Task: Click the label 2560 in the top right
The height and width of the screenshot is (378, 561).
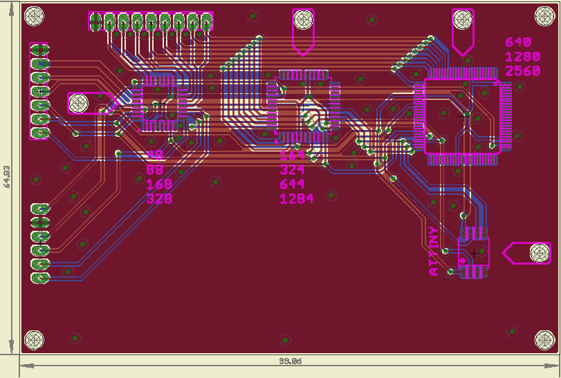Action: [x=522, y=70]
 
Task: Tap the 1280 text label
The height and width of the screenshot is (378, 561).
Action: [x=522, y=57]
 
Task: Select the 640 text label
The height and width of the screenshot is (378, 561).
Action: [x=518, y=43]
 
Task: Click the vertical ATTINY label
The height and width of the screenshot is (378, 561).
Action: [x=434, y=251]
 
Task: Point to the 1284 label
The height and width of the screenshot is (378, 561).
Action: [x=296, y=199]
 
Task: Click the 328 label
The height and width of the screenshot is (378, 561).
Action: [x=159, y=199]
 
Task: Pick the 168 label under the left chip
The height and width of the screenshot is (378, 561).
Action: [x=159, y=185]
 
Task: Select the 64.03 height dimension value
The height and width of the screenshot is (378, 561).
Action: [x=7, y=176]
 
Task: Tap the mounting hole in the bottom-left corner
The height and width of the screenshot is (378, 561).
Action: [x=34, y=339]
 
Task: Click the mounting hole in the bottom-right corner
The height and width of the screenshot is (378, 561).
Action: [x=545, y=339]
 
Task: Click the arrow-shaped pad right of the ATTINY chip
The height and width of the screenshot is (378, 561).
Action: [x=529, y=253]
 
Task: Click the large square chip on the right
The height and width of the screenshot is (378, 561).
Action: [x=462, y=115]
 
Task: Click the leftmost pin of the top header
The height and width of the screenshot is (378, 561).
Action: [x=95, y=21]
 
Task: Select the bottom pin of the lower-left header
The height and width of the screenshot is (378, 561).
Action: [x=41, y=278]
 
